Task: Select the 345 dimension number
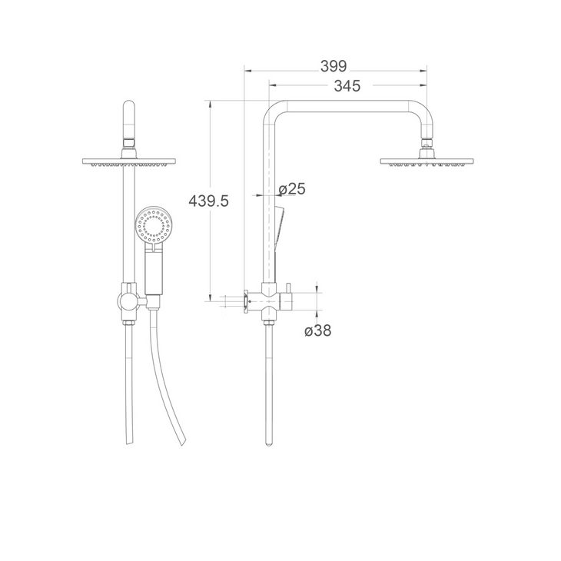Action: click(347, 86)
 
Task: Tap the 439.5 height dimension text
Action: click(209, 201)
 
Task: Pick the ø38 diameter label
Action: click(318, 331)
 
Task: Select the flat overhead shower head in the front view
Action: click(128, 161)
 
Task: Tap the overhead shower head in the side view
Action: click(425, 161)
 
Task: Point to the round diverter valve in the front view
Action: click(128, 300)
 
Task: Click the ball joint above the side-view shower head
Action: click(425, 144)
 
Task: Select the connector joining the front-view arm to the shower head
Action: click(128, 144)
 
